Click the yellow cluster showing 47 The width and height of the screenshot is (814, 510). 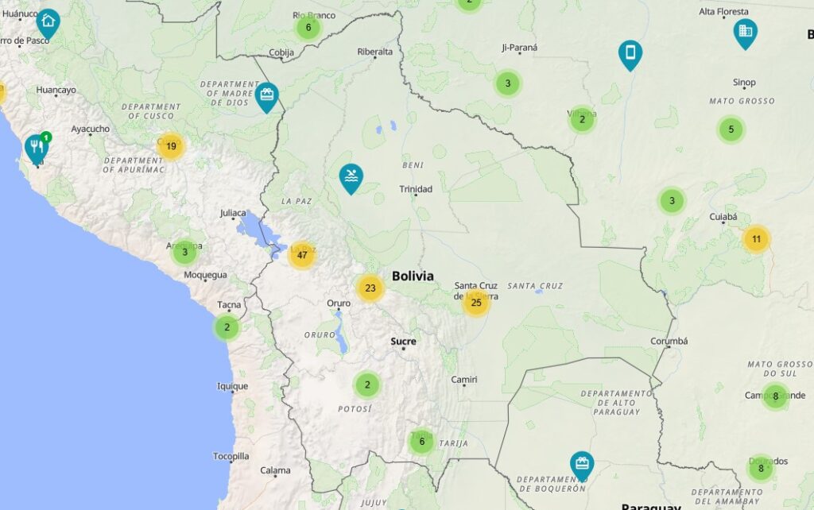coord(302,255)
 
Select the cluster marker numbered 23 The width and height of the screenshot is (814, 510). coord(370,288)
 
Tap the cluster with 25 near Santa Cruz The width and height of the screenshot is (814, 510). coord(476,302)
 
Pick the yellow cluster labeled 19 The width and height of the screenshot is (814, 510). coord(171,145)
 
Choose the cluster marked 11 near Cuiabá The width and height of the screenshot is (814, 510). coord(756,238)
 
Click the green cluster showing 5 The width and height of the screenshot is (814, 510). coord(731,129)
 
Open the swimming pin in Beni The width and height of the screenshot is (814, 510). coord(351,177)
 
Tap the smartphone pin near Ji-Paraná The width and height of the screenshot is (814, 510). coord(630,53)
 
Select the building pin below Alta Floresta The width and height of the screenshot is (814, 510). coord(745,32)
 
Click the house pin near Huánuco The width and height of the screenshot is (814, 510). coord(48,22)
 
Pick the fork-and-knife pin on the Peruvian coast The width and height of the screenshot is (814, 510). coord(35,146)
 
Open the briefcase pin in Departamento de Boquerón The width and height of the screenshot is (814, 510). coord(582,464)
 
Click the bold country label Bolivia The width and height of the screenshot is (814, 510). coord(413,276)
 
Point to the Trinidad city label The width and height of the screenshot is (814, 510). coord(416,189)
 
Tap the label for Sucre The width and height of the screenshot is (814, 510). coord(403,342)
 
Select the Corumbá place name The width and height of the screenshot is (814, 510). coord(669,342)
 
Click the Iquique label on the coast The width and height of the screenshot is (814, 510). coord(233,387)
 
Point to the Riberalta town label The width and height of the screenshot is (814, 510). coord(375,52)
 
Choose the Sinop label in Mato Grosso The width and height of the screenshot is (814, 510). coord(744,83)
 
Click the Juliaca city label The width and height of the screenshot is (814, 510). coord(234,213)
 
